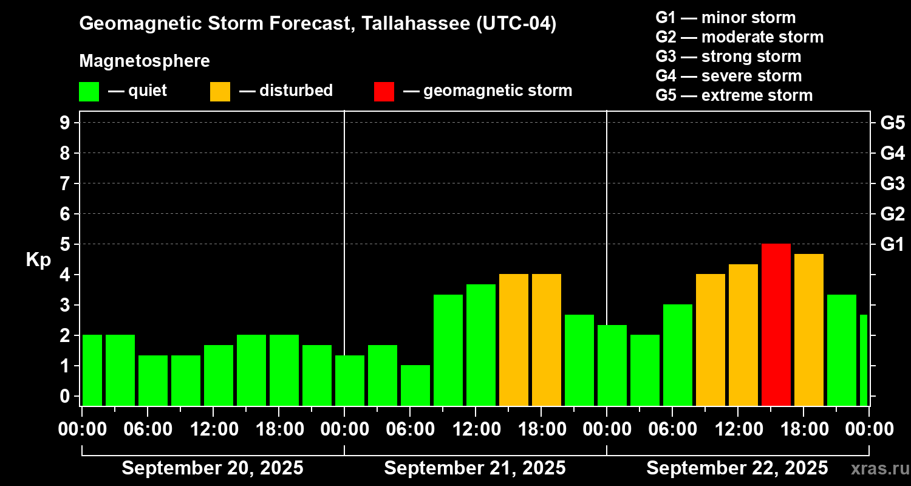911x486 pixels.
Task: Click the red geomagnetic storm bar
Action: click(776, 324)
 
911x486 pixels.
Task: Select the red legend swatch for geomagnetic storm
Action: click(384, 91)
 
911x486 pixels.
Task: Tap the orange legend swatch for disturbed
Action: click(220, 91)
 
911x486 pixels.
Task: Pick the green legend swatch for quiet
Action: click(89, 91)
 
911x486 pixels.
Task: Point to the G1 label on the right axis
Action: click(892, 244)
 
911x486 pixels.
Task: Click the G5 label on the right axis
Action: click(892, 123)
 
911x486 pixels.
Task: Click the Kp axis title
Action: click(38, 259)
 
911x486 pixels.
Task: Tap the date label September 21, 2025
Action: click(475, 468)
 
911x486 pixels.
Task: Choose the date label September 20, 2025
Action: click(213, 468)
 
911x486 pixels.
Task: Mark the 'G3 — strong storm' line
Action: click(728, 56)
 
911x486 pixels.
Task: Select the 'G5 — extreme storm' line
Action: click(734, 95)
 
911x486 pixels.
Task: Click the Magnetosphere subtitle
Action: click(145, 61)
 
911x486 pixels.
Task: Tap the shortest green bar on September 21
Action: click(415, 385)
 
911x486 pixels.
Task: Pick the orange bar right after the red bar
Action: click(809, 329)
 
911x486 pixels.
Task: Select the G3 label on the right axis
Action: click(892, 183)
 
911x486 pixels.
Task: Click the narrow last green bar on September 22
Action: click(864, 360)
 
